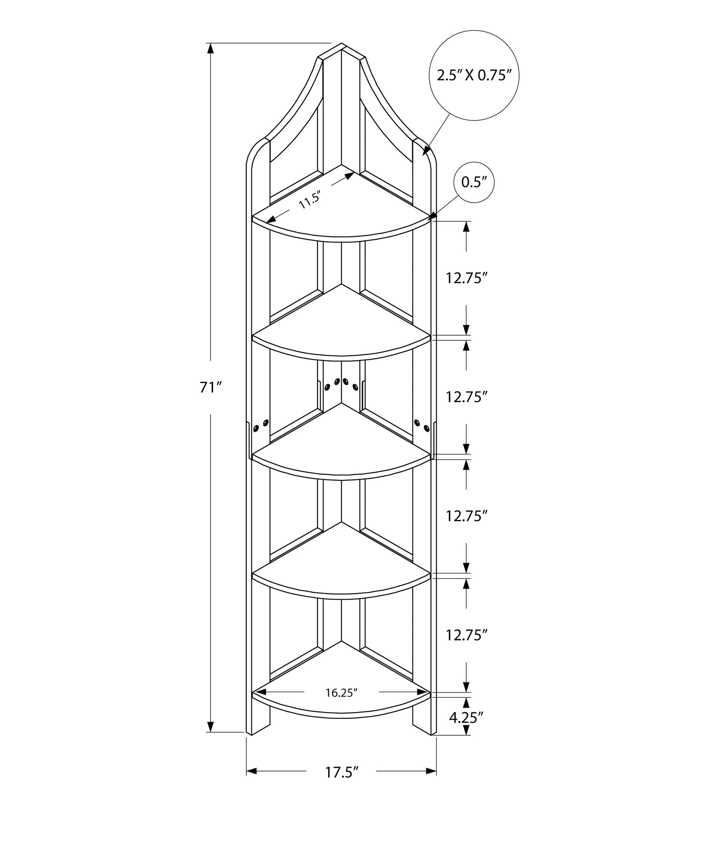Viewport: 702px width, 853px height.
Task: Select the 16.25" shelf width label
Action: tap(341, 693)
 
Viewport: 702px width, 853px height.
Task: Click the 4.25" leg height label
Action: tap(467, 717)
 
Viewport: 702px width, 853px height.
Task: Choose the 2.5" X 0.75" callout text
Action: tap(474, 76)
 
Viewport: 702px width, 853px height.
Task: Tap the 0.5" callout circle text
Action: tap(474, 183)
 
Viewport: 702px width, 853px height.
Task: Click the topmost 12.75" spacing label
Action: tap(467, 279)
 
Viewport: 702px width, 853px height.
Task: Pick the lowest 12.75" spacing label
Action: tap(467, 635)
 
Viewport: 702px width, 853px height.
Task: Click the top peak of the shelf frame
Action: tap(341, 44)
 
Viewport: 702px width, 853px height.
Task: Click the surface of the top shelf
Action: tap(341, 209)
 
